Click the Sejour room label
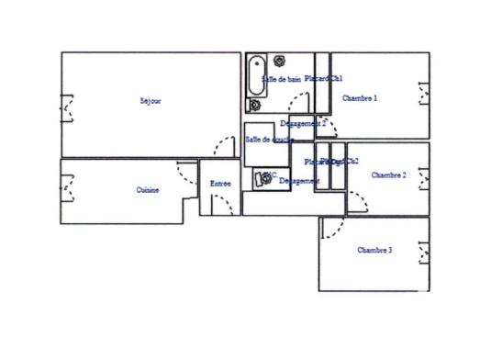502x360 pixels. pos(151,101)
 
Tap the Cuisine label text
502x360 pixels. pos(148,190)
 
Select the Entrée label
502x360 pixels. pos(220,184)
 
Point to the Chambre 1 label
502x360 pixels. pos(360,98)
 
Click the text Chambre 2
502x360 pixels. pos(388,174)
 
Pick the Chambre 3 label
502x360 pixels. pos(374,250)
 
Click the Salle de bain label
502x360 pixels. pos(281,80)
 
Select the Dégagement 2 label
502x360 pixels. pos(302,122)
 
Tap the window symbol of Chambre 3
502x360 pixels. pos(423,250)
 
